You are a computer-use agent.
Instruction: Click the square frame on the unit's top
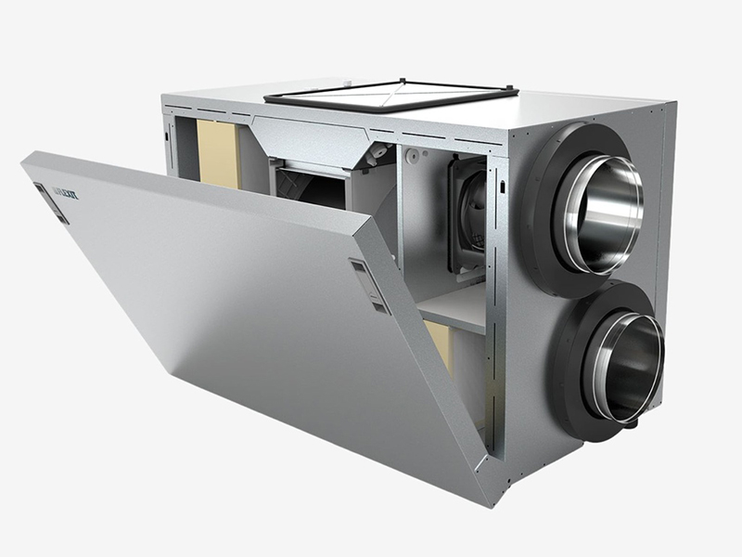click(390, 93)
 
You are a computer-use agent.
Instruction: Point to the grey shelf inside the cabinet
click(454, 311)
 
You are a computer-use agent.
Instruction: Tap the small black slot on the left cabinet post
click(170, 135)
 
